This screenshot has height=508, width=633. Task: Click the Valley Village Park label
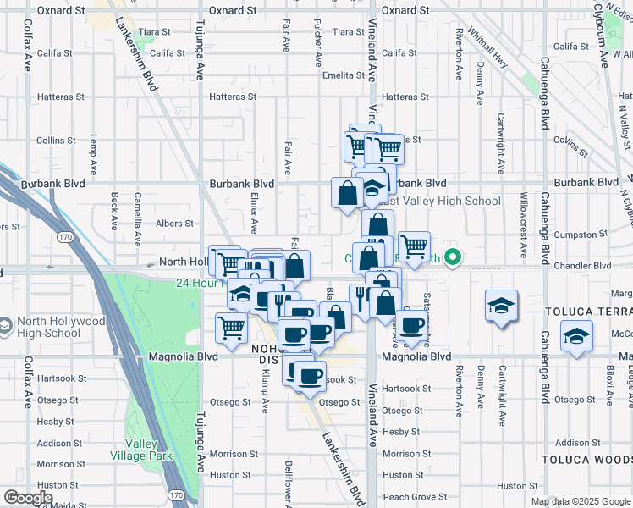click(149, 450)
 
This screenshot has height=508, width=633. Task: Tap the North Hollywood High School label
click(58, 327)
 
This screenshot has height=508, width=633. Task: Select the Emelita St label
click(343, 75)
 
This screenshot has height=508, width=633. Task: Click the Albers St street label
click(176, 224)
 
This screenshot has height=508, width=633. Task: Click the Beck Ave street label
click(114, 211)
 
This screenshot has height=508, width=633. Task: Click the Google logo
click(27, 497)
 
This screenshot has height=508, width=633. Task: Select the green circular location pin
click(454, 258)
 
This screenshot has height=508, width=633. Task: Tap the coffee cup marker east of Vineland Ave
click(412, 327)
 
